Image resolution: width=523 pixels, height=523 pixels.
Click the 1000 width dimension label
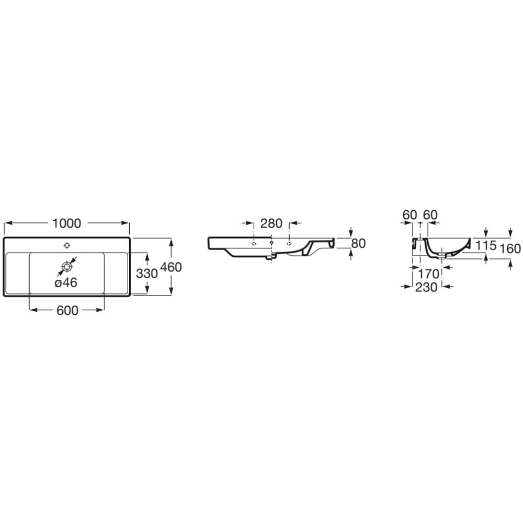click(x=67, y=223)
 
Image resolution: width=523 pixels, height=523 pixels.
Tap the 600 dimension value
click(x=67, y=310)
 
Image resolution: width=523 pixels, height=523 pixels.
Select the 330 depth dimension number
click(x=147, y=274)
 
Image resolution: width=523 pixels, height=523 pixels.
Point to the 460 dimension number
click(x=171, y=267)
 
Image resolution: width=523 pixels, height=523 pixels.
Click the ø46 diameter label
click(x=66, y=282)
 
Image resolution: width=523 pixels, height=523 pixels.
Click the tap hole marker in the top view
click(x=67, y=246)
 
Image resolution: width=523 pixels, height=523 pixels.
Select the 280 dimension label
click(x=271, y=223)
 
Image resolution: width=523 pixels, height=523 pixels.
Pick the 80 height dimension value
click(x=358, y=244)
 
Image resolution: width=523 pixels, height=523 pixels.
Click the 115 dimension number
click(x=486, y=245)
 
